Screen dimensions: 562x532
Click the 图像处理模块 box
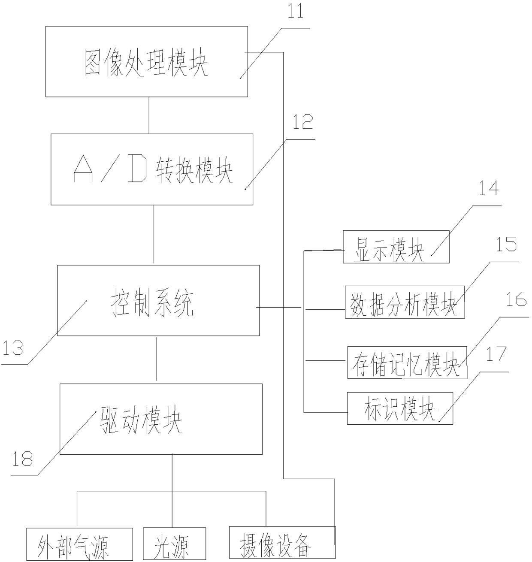(x=146, y=61)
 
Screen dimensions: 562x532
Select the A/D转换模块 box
(x=151, y=169)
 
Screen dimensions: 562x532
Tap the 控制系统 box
(x=158, y=300)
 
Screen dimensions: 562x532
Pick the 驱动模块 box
(x=161, y=419)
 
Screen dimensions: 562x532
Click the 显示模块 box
(x=396, y=247)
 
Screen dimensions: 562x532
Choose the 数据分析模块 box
(x=404, y=302)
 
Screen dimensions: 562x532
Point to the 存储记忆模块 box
(x=407, y=363)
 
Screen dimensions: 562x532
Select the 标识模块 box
(x=399, y=408)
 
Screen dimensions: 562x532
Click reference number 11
(x=295, y=11)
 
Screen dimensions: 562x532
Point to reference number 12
(x=302, y=122)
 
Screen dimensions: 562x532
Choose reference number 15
(x=506, y=245)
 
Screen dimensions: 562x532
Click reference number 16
(x=516, y=299)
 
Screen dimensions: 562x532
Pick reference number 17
(x=496, y=354)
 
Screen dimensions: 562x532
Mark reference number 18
(x=22, y=459)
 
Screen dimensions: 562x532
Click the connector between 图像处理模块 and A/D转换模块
(x=149, y=115)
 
